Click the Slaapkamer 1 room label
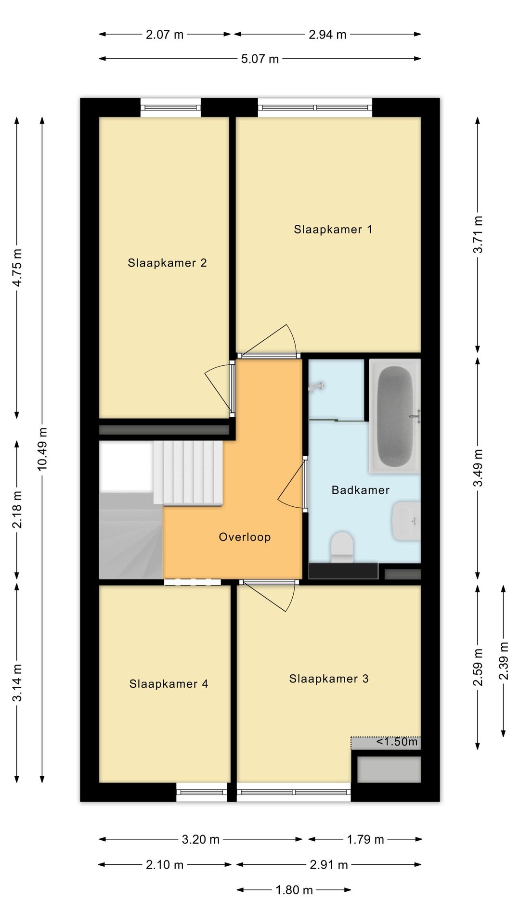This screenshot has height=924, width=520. click(x=333, y=230)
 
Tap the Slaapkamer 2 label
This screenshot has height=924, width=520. click(x=167, y=263)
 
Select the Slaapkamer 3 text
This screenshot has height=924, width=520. click(x=329, y=679)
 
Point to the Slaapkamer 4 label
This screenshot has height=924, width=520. click(x=169, y=684)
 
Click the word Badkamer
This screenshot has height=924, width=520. click(x=361, y=490)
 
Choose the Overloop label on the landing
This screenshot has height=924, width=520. click(x=245, y=537)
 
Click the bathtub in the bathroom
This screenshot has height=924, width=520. click(x=395, y=416)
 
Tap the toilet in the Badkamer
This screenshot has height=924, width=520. click(x=342, y=547)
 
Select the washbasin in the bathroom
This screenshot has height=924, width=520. click(x=406, y=521)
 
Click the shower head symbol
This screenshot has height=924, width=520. click(x=317, y=386)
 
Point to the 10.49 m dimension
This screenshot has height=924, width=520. click(x=42, y=449)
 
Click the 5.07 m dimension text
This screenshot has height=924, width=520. click(x=260, y=59)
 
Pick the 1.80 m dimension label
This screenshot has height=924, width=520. click(x=294, y=890)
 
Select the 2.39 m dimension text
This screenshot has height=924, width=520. click(x=504, y=661)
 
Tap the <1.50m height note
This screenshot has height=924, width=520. click(x=397, y=742)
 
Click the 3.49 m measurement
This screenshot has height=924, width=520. click(x=478, y=468)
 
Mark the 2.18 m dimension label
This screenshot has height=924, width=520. click(x=17, y=509)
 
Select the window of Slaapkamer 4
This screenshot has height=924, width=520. click(x=201, y=792)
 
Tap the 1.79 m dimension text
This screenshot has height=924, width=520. click(x=365, y=839)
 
